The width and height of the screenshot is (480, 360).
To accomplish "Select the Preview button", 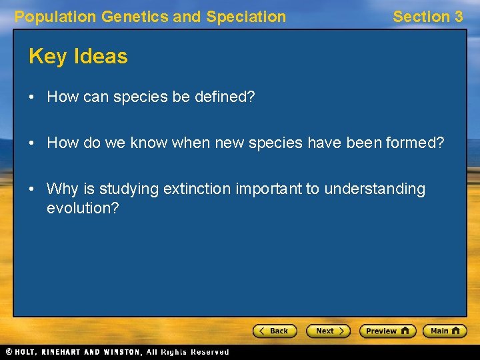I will (387, 331).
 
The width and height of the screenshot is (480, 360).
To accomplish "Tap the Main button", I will (445, 331).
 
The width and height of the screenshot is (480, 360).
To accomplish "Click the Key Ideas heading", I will (78, 57).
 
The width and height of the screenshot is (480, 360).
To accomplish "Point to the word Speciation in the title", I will (246, 17).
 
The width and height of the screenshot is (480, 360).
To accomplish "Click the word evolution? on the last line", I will (83, 208).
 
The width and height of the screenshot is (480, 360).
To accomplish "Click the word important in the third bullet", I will (269, 189).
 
